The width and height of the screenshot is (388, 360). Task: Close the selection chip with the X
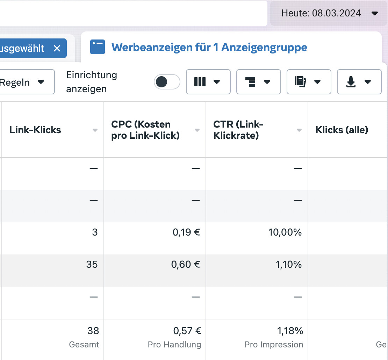(x=57, y=48)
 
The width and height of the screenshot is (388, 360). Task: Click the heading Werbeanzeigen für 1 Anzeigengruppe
(x=209, y=47)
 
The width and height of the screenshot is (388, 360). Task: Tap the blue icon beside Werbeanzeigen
(x=98, y=47)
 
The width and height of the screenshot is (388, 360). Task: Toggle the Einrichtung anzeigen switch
(x=167, y=82)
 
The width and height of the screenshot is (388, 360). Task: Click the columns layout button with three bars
(x=208, y=82)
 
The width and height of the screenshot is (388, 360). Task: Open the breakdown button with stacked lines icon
(x=258, y=82)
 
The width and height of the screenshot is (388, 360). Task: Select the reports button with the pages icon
(x=309, y=82)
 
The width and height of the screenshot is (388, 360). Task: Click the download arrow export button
(x=359, y=82)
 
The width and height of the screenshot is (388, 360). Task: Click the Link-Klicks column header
(x=35, y=130)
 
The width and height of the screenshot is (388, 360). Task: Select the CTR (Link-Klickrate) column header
(x=238, y=130)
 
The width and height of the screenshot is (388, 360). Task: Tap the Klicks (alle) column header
(x=342, y=130)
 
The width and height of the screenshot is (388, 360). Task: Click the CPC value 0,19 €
(x=186, y=232)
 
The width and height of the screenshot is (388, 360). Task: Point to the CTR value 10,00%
(x=285, y=232)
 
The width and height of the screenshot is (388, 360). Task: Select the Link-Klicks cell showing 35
(x=92, y=265)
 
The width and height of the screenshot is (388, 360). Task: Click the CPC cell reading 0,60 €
(x=185, y=265)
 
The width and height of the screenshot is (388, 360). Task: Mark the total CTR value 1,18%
(x=289, y=331)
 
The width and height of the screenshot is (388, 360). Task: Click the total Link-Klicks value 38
(x=93, y=331)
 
